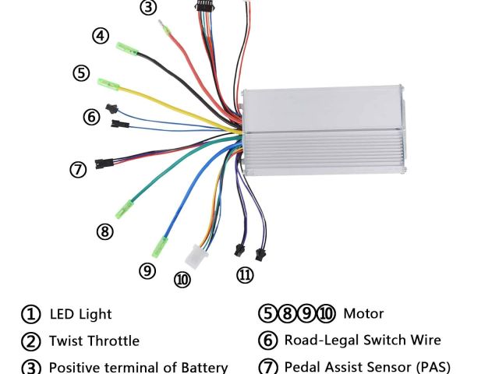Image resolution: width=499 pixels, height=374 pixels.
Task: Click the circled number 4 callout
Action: [x=100, y=36]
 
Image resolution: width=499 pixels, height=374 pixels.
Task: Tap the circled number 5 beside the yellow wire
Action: [x=82, y=73]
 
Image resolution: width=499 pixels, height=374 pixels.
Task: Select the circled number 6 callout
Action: [x=92, y=117]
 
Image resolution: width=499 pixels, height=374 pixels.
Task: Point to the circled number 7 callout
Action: [x=78, y=168]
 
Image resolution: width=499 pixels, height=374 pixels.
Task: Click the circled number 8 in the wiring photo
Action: [x=105, y=231]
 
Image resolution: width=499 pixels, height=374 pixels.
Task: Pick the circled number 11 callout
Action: [x=246, y=275]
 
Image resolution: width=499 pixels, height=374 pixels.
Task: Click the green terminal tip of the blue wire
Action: [x=166, y=244]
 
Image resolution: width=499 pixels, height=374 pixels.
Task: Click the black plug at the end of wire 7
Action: [x=102, y=164]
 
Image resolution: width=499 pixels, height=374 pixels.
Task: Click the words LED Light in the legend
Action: [x=80, y=315]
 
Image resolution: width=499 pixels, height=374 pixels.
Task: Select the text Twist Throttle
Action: [x=94, y=340]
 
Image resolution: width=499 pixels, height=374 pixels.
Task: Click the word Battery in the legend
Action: [x=204, y=367]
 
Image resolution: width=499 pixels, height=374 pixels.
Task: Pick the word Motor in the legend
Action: [x=363, y=315]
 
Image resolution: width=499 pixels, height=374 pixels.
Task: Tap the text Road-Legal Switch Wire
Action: [x=363, y=340]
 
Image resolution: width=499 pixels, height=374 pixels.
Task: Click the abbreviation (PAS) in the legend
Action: [x=426, y=367]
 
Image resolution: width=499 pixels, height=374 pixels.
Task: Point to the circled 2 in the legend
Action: [x=30, y=340]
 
